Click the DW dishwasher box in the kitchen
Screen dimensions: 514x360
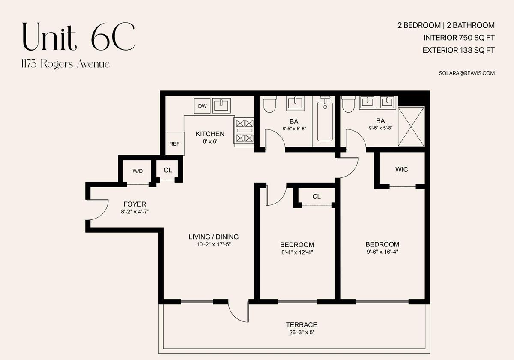click(202, 106)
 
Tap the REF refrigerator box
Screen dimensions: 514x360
click(175, 144)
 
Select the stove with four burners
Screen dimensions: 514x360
click(245, 132)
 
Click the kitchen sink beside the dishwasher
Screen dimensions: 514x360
click(221, 105)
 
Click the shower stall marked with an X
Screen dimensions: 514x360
click(411, 126)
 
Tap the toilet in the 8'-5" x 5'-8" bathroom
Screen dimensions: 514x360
click(269, 105)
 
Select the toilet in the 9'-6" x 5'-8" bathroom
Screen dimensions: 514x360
click(348, 105)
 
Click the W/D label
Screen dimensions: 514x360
click(137, 171)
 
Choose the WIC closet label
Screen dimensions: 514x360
click(402, 169)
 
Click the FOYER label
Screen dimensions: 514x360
click(134, 204)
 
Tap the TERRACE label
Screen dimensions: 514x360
click(302, 325)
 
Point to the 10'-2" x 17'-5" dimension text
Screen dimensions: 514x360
click(214, 244)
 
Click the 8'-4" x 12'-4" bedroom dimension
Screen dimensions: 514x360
click(297, 252)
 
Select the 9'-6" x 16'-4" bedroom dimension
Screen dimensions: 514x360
click(382, 252)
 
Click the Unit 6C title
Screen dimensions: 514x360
click(79, 37)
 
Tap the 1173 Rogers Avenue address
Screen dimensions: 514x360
click(66, 64)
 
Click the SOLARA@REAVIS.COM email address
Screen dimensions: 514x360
click(467, 73)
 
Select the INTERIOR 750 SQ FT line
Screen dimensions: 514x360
click(459, 38)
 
